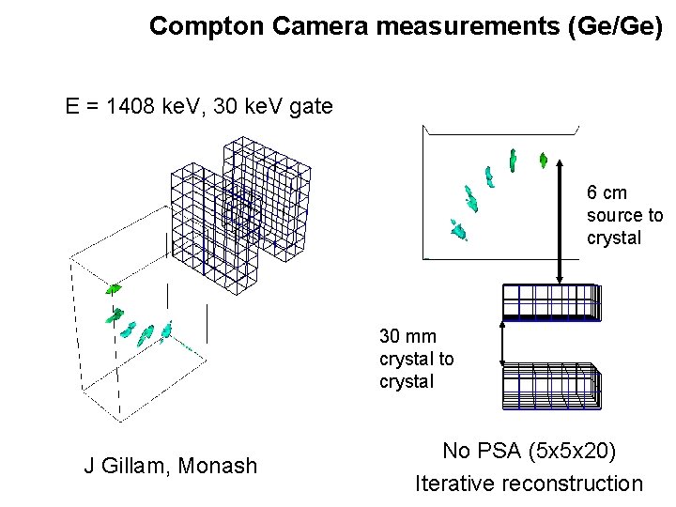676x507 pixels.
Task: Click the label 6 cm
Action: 607,193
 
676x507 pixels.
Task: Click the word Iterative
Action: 455,484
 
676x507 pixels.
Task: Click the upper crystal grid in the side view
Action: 550,302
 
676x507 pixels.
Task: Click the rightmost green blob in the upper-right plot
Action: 543,161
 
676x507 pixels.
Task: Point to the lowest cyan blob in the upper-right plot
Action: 458,229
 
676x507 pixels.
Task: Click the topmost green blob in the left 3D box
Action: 114,288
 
